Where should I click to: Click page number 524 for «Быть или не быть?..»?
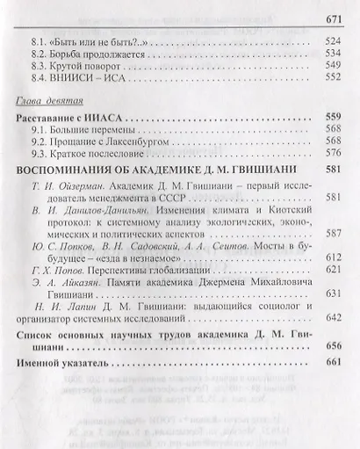pos(335,41)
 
